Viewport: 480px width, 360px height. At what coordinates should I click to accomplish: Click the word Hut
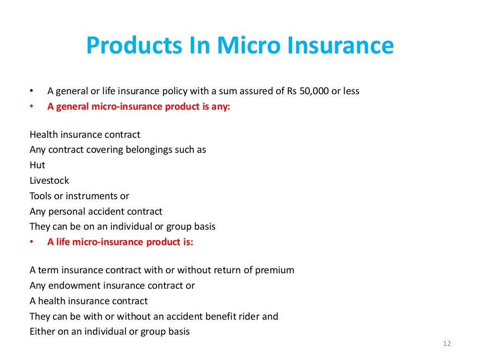(37, 165)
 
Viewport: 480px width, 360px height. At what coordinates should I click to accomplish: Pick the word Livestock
(49, 180)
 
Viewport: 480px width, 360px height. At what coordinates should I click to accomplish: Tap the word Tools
(41, 196)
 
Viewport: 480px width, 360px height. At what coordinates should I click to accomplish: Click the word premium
(275, 270)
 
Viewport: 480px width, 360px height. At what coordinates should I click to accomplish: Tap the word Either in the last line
(43, 331)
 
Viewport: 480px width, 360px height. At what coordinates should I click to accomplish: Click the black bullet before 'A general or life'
(31, 91)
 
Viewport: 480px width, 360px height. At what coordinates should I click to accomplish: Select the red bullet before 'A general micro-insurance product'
(31, 106)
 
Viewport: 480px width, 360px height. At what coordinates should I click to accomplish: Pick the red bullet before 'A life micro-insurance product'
(31, 242)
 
